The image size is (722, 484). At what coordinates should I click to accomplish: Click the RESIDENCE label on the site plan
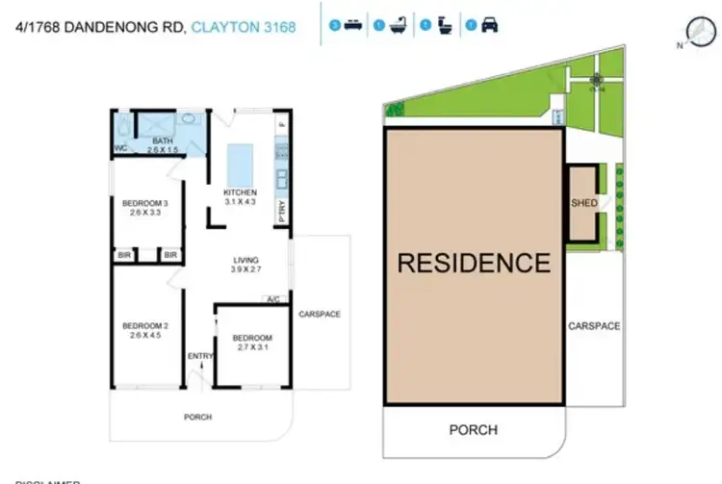pos(475,263)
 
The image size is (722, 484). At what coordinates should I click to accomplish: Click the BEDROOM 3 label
pos(144,202)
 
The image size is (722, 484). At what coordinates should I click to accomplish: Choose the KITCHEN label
pos(240,192)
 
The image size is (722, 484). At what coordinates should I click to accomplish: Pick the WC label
pos(121,148)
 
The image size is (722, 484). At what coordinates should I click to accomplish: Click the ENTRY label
pos(200,357)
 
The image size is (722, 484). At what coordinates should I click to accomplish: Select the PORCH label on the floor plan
pos(197,417)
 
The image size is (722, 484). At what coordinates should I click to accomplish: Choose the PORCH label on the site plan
pos(474,429)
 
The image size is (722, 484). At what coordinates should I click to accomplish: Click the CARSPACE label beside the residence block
pos(593,326)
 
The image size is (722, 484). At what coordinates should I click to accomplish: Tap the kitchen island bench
pos(240,159)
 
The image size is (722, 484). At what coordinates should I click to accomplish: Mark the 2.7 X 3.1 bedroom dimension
pos(251,348)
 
